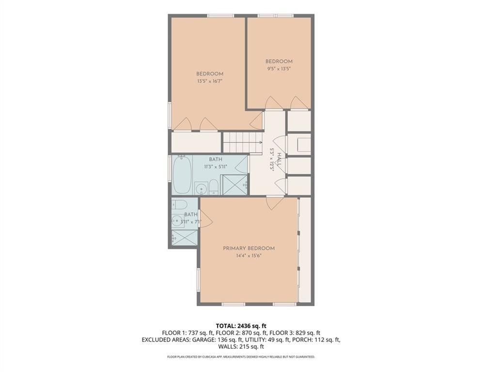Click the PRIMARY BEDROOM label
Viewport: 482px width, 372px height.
249,248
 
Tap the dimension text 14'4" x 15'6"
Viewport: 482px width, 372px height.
249,257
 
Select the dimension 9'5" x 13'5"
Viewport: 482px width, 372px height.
279,69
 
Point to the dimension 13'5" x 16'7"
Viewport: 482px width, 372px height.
209,81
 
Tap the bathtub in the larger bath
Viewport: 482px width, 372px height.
182,174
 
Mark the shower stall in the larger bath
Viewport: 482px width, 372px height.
234,185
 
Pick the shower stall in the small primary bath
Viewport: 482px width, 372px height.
184,237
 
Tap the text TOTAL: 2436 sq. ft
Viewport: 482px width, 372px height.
241,325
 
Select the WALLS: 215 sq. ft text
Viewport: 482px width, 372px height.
241,346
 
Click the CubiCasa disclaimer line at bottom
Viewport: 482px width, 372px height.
241,357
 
